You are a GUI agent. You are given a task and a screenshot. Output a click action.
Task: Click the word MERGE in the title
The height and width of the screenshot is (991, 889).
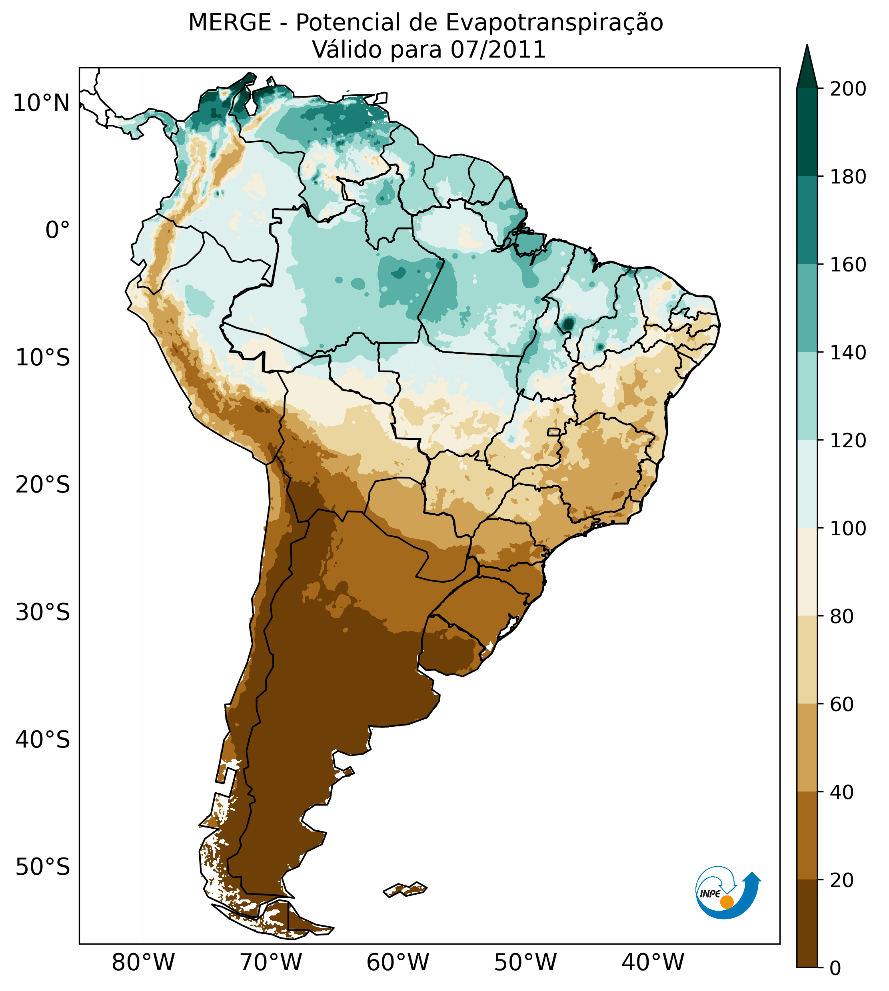pos(230,23)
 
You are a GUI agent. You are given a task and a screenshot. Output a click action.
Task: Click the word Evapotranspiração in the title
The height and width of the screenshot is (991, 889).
pos(554,23)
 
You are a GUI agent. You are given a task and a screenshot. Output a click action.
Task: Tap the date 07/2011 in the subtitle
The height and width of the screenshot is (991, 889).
pos(498,50)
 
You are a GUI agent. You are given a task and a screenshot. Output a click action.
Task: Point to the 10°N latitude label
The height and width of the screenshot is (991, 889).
pos(41,103)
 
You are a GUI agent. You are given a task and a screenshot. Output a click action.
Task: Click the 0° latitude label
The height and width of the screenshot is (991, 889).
pos(58,230)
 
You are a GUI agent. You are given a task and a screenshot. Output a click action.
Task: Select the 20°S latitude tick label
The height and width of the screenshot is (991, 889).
pos(43,485)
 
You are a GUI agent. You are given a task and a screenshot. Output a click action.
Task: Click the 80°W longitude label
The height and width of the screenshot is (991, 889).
pos(143,963)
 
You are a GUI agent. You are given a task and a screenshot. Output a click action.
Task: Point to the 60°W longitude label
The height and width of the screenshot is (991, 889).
pos(398,963)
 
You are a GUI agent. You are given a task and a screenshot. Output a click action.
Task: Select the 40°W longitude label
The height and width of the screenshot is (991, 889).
pos(653,963)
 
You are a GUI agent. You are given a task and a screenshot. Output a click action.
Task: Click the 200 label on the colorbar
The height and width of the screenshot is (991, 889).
pos(848,89)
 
